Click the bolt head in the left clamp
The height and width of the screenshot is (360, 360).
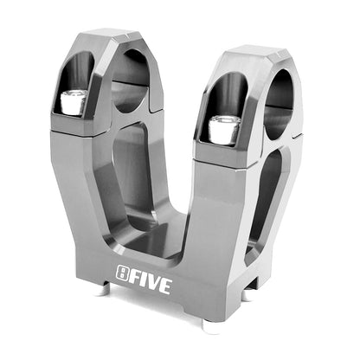point(74,103)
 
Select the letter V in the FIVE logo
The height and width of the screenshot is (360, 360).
point(153,283)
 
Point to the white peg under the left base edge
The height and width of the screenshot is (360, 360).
point(105,291)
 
